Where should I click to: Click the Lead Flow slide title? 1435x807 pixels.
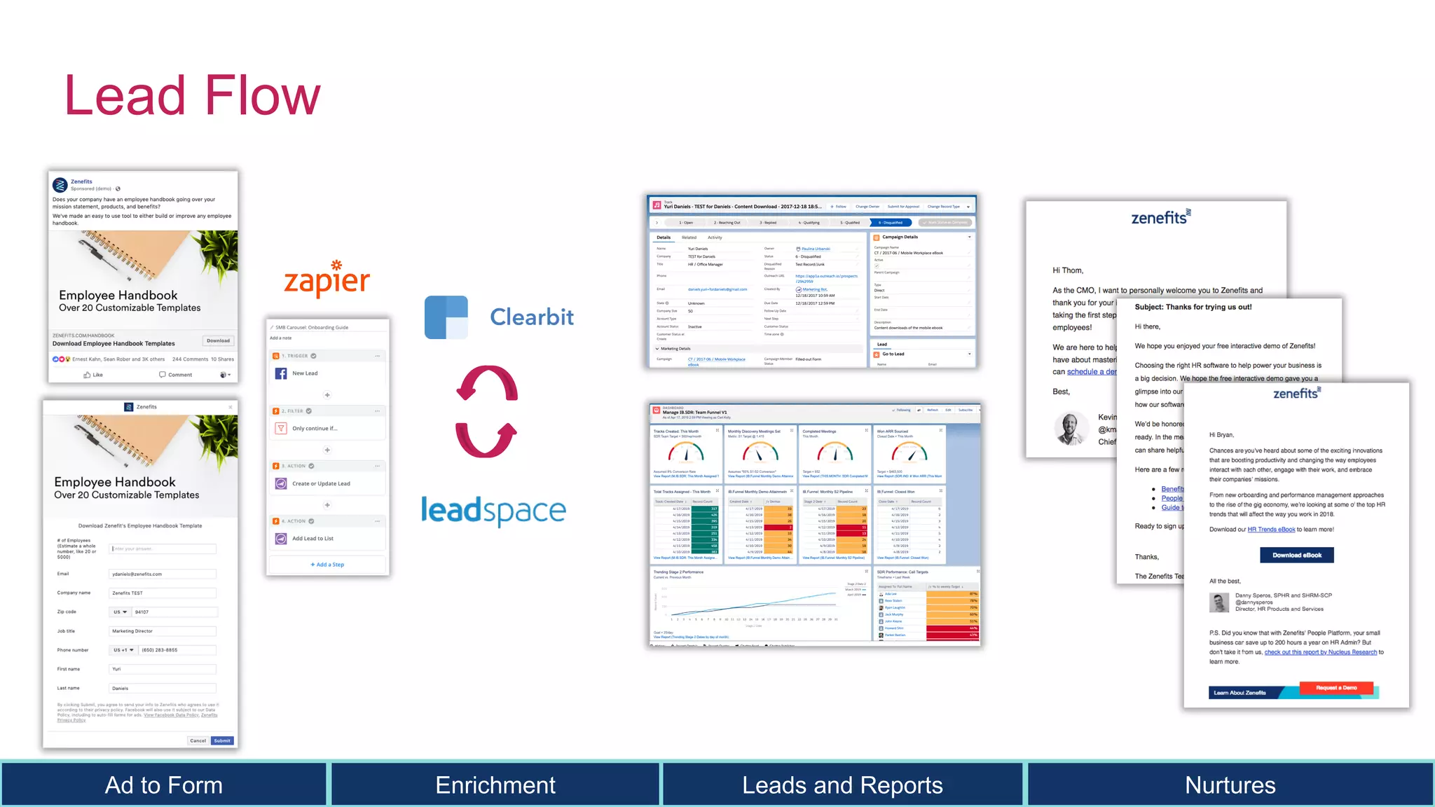point(192,96)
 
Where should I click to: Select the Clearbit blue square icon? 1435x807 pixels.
point(446,317)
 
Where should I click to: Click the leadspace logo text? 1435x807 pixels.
point(493,511)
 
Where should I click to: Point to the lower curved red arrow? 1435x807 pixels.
point(486,439)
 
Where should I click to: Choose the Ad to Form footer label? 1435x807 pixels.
point(163,785)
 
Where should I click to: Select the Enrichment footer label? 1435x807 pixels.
point(495,785)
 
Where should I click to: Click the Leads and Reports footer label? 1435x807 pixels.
point(842,785)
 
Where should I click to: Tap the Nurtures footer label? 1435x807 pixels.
point(1230,785)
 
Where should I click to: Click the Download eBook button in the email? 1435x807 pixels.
point(1297,555)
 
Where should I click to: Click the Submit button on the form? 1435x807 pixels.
point(222,740)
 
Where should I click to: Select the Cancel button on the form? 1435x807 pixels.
point(198,740)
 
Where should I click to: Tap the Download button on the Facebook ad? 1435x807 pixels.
point(218,340)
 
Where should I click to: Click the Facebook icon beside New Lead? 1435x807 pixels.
point(281,373)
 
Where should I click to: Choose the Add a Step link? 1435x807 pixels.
point(327,565)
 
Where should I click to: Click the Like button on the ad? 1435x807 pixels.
point(93,375)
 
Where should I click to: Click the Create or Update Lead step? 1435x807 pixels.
point(321,483)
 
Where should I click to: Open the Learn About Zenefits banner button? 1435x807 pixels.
point(1240,693)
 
